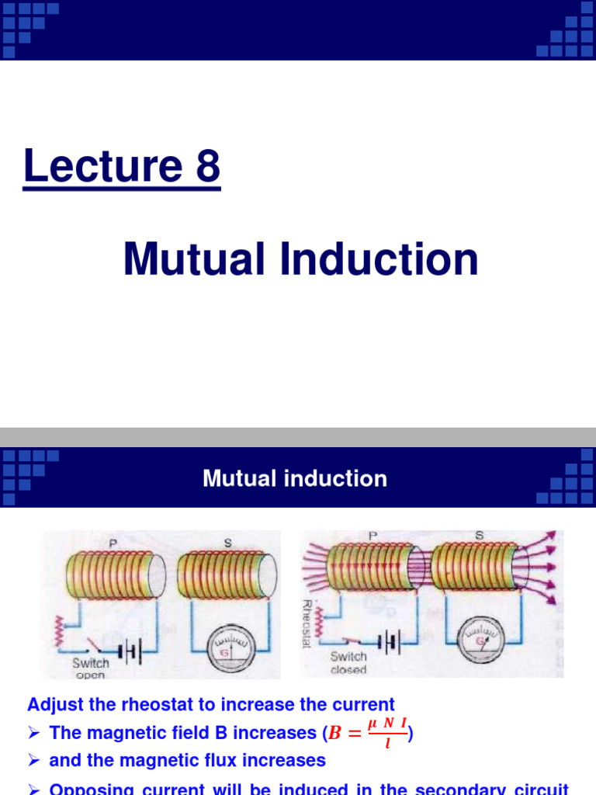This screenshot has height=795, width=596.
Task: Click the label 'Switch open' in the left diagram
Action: point(91,668)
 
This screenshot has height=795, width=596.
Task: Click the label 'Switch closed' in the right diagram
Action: point(348,662)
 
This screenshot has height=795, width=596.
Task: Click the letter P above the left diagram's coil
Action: point(113,544)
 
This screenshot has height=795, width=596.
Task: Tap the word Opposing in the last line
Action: point(86,789)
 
